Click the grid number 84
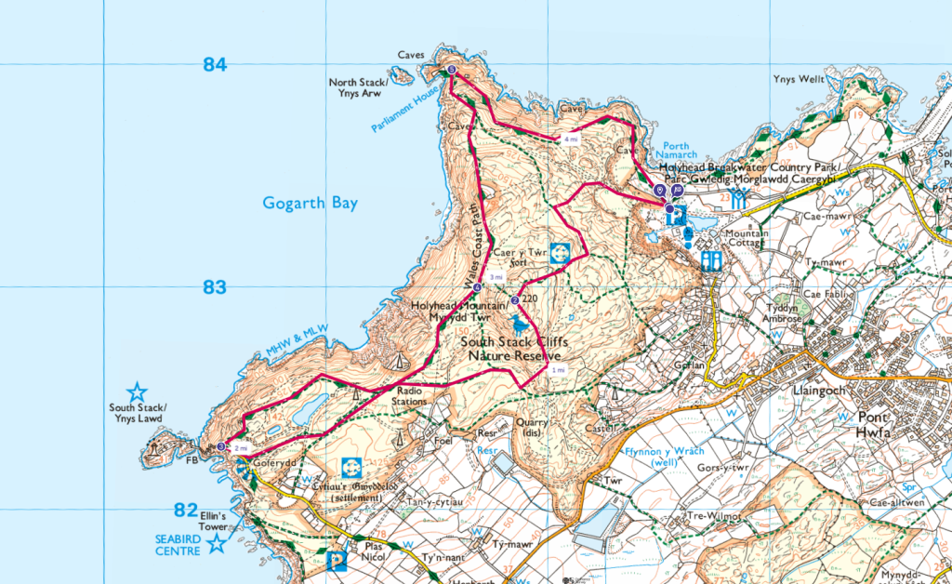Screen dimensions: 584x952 (x=215, y=65)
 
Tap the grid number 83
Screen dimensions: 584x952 (x=215, y=287)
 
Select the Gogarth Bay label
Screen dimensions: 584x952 (x=310, y=203)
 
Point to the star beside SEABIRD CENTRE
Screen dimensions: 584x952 (x=217, y=544)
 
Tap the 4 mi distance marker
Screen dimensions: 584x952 (x=570, y=139)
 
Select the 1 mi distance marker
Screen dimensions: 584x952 (x=559, y=370)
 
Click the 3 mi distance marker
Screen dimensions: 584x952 (x=496, y=277)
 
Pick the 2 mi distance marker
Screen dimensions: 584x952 (x=241, y=448)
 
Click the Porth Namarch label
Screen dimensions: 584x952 (x=674, y=151)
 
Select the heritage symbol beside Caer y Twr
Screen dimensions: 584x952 (x=560, y=253)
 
